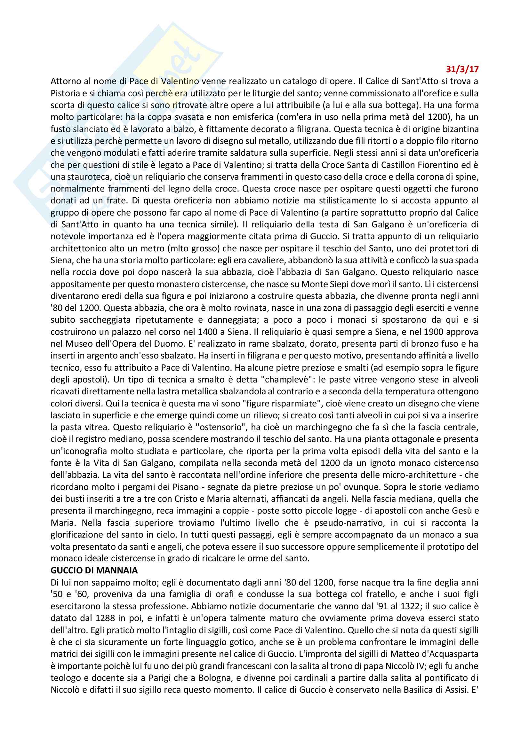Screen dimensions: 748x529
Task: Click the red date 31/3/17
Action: click(x=462, y=69)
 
